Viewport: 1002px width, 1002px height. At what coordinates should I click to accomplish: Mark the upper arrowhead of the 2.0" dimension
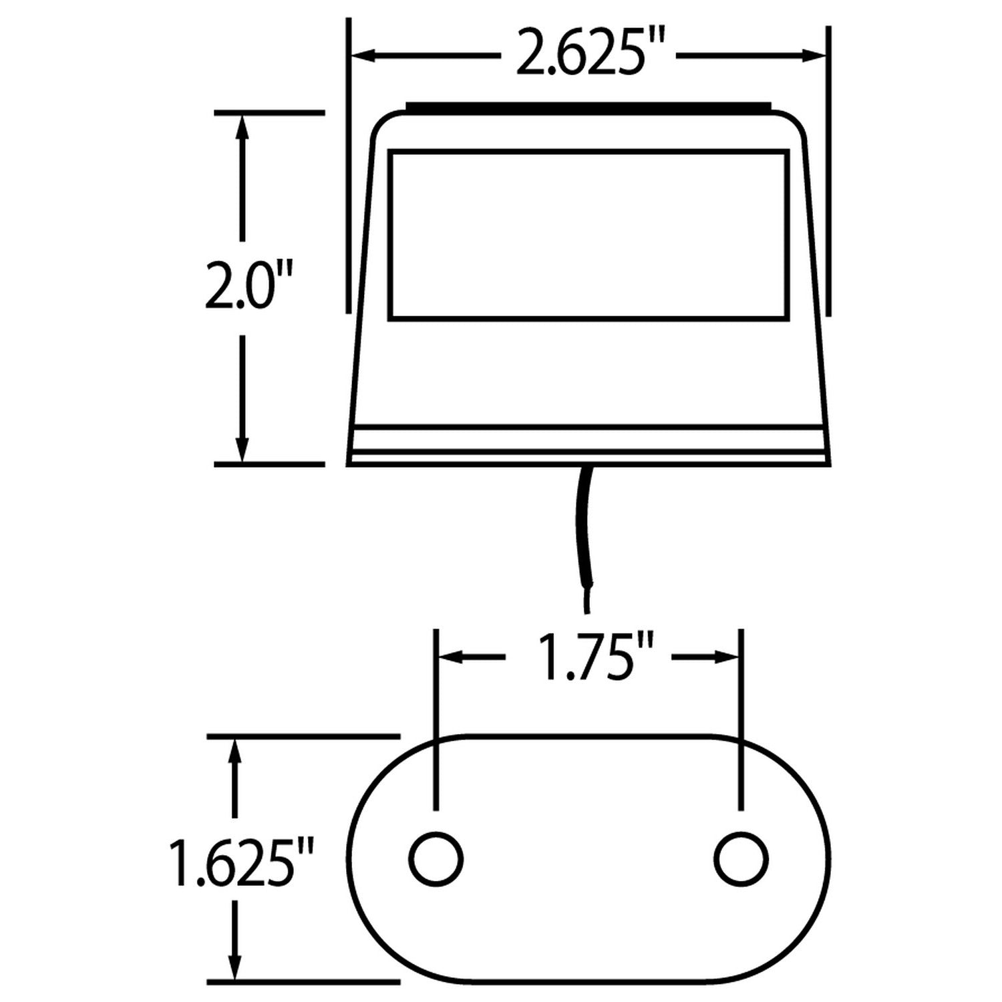point(242,127)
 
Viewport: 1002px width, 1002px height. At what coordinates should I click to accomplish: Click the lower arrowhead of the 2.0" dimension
point(242,449)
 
